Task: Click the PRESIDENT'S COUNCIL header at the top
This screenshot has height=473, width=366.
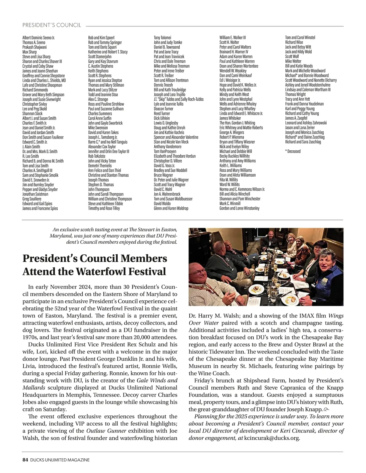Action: tap(52, 25)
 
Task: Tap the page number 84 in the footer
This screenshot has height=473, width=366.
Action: tap(25, 460)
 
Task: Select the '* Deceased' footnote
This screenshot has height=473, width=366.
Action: tap(293, 151)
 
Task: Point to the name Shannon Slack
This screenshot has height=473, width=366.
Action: tap(32, 113)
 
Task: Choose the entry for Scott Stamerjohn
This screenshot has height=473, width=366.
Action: tap(100, 57)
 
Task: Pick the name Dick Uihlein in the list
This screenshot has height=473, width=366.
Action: tap(162, 118)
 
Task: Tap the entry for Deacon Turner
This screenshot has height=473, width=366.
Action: tap(163, 109)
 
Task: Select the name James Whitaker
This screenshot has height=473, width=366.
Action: tap(230, 118)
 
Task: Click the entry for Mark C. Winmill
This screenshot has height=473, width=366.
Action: tap(230, 203)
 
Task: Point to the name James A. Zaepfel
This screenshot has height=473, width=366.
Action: tap(296, 118)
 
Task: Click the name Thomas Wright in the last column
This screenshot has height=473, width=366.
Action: tap(295, 95)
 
